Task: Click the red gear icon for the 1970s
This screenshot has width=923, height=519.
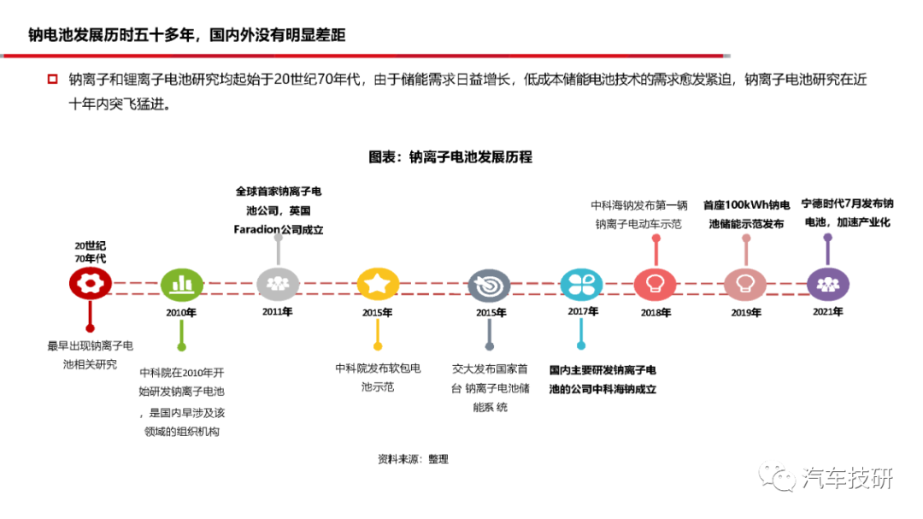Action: pos(90,283)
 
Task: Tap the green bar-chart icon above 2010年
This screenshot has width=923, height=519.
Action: pos(182,285)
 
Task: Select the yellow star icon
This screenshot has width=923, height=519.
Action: pos(378,284)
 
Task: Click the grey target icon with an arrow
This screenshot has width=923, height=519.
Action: pos(489,286)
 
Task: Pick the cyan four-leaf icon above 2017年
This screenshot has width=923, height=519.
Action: pos(582,285)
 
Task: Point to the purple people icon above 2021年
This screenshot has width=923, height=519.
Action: pos(827,285)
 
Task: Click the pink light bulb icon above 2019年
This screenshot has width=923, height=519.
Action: pos(745,285)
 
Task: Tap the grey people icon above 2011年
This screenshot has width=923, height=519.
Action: pos(278,284)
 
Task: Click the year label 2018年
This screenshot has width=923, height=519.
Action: pos(656,313)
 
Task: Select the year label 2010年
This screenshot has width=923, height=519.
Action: pos(180,313)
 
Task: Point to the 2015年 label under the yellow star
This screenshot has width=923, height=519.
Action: pos(378,313)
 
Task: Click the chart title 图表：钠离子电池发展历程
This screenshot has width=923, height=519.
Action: pos(450,156)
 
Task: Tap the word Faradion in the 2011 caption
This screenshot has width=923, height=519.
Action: pos(256,229)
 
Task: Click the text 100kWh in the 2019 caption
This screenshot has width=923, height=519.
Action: pos(747,205)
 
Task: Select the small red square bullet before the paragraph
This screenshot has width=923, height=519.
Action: pos(52,79)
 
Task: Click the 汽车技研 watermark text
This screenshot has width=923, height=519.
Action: pos(848,478)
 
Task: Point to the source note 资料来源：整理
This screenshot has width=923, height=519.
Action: pos(414,459)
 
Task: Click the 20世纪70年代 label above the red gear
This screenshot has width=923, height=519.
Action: pos(90,252)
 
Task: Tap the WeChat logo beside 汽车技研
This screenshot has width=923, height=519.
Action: pos(777,476)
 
